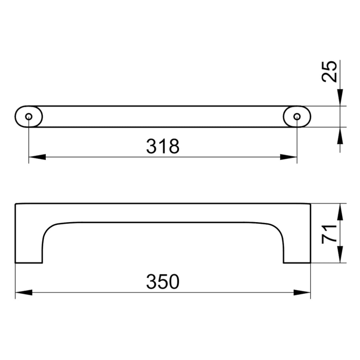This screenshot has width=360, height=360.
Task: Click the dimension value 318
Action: pos(163,147)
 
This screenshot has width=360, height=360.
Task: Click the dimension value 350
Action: pos(163,282)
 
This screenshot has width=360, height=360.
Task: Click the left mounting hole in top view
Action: pos(28,117)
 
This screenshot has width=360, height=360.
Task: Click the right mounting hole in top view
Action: pos(297,117)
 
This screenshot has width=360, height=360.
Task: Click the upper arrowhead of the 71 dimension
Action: pos(340,211)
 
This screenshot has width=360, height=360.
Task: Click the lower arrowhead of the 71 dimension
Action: pos(340,257)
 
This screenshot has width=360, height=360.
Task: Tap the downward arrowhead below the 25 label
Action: pos(340,98)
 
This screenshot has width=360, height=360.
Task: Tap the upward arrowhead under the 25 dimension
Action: pos(340,134)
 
